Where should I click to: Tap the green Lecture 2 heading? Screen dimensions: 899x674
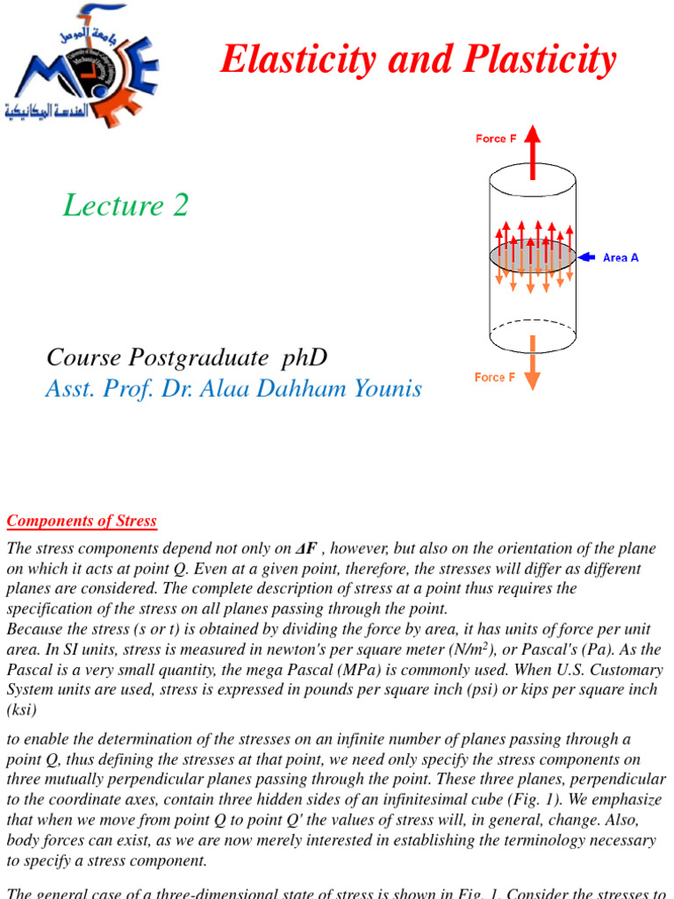(126, 205)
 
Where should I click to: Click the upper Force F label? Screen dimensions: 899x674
(496, 139)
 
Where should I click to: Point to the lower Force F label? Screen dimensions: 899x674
(494, 378)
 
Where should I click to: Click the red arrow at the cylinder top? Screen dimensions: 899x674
(533, 146)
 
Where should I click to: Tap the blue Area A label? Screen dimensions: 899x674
(620, 258)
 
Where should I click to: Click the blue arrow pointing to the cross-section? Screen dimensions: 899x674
(588, 257)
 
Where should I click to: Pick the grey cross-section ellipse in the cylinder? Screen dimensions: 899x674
(533, 255)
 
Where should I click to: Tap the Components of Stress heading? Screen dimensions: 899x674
(82, 521)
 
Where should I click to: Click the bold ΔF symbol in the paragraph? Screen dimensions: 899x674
(305, 549)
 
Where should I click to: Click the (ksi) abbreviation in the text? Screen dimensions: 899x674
(23, 709)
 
